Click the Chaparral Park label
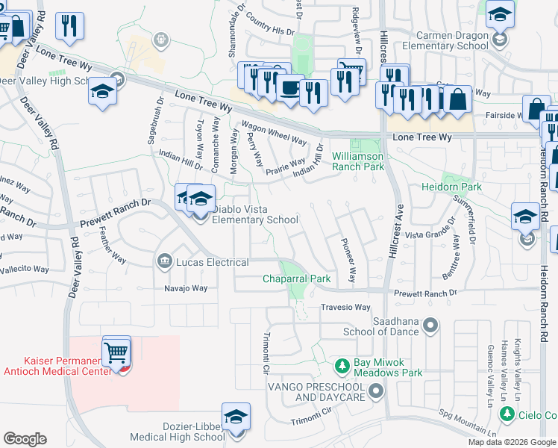pos(296,279)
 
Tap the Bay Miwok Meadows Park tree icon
pos(342,366)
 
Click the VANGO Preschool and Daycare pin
pos(376,391)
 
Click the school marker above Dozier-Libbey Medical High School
pos(236,417)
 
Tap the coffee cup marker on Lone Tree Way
pos(289,88)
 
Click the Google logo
pos(25,439)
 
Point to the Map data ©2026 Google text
pos(512,442)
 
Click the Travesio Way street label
pos(345,307)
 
